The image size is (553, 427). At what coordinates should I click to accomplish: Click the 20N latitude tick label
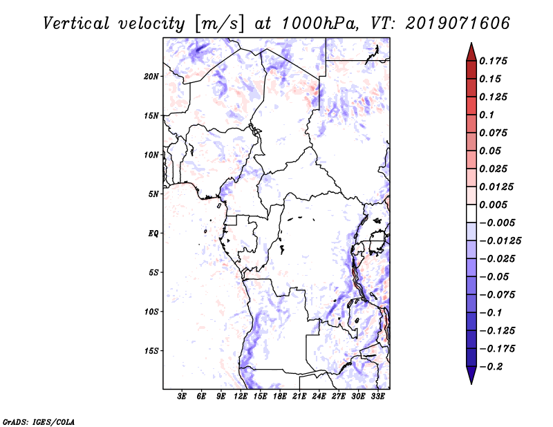tap(151, 76)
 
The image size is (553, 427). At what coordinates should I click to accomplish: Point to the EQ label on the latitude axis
tap(153, 234)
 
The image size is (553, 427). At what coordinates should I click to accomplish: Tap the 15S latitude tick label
tap(151, 351)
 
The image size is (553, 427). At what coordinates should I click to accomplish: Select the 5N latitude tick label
tap(153, 194)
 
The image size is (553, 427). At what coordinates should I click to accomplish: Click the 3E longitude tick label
tap(182, 396)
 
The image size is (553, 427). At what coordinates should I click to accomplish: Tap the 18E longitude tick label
tap(279, 396)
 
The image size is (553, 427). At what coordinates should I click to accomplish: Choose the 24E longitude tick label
tap(319, 396)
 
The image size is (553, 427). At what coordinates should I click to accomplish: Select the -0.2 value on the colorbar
tap(494, 367)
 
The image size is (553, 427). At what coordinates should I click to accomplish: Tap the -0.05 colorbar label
tap(496, 277)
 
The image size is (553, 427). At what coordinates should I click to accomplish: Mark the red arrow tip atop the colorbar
tap(471, 46)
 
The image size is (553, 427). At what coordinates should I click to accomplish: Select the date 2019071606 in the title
tap(449, 23)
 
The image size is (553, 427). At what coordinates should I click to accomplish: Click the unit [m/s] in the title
tap(221, 23)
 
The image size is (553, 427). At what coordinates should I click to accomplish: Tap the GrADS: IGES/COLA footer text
tap(29, 420)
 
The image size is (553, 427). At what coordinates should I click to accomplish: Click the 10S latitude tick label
tap(151, 312)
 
